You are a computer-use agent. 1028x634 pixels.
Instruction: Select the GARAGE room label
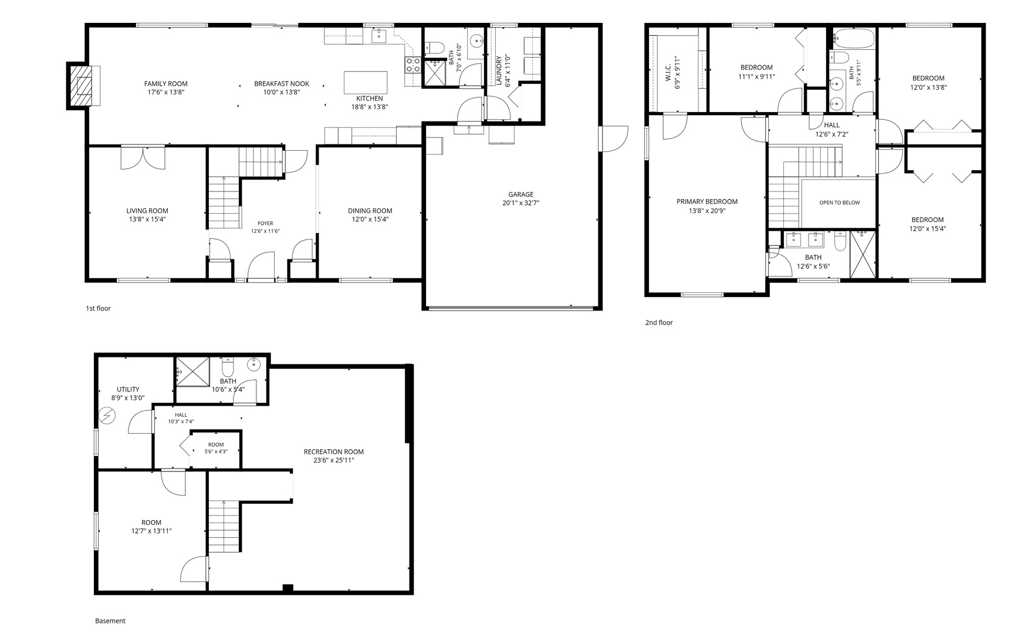[521, 194]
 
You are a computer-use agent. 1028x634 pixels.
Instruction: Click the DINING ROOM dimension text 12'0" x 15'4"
[370, 219]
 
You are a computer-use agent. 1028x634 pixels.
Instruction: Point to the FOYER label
[265, 223]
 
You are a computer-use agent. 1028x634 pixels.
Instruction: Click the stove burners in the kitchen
[413, 65]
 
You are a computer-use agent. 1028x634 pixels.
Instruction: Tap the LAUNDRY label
[499, 70]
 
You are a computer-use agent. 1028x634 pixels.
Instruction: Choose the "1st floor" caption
[98, 308]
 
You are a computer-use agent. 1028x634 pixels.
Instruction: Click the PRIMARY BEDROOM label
[707, 201]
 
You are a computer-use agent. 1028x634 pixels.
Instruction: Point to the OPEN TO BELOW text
[840, 203]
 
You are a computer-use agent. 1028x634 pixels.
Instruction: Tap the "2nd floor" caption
[659, 322]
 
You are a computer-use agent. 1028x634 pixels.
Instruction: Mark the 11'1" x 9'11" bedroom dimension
[756, 76]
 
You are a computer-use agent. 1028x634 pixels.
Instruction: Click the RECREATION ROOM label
[333, 451]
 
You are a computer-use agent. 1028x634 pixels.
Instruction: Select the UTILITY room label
[128, 389]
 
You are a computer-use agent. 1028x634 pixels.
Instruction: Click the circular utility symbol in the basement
[107, 416]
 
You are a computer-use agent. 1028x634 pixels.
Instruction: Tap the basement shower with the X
[193, 371]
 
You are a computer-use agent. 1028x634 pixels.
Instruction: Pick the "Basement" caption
[110, 620]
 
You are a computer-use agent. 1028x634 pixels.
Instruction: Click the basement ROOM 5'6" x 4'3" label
[216, 447]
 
